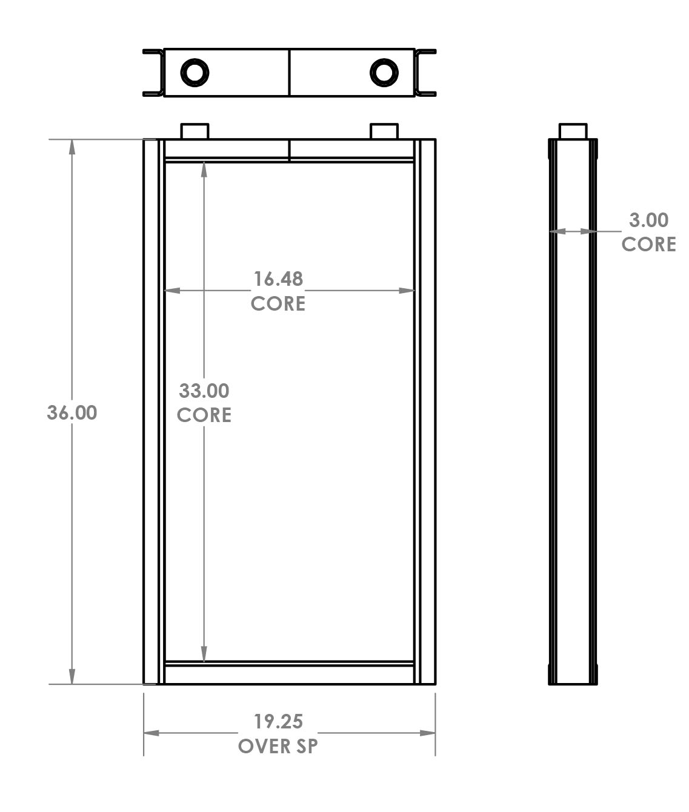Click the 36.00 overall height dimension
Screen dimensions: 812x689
click(72, 412)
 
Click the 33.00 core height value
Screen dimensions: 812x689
click(204, 391)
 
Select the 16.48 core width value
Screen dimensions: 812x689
click(278, 279)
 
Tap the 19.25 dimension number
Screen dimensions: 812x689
click(278, 721)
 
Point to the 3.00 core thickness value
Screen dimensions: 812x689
click(648, 220)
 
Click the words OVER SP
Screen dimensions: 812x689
click(278, 746)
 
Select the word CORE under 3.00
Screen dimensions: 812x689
click(648, 244)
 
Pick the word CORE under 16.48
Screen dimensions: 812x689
click(278, 303)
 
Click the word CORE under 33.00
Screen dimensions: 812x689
click(204, 415)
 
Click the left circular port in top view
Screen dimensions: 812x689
click(195, 73)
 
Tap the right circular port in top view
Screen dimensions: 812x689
click(384, 73)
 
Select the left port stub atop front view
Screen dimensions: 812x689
click(195, 131)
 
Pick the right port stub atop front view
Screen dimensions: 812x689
click(384, 131)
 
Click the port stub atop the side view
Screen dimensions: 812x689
click(573, 131)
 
